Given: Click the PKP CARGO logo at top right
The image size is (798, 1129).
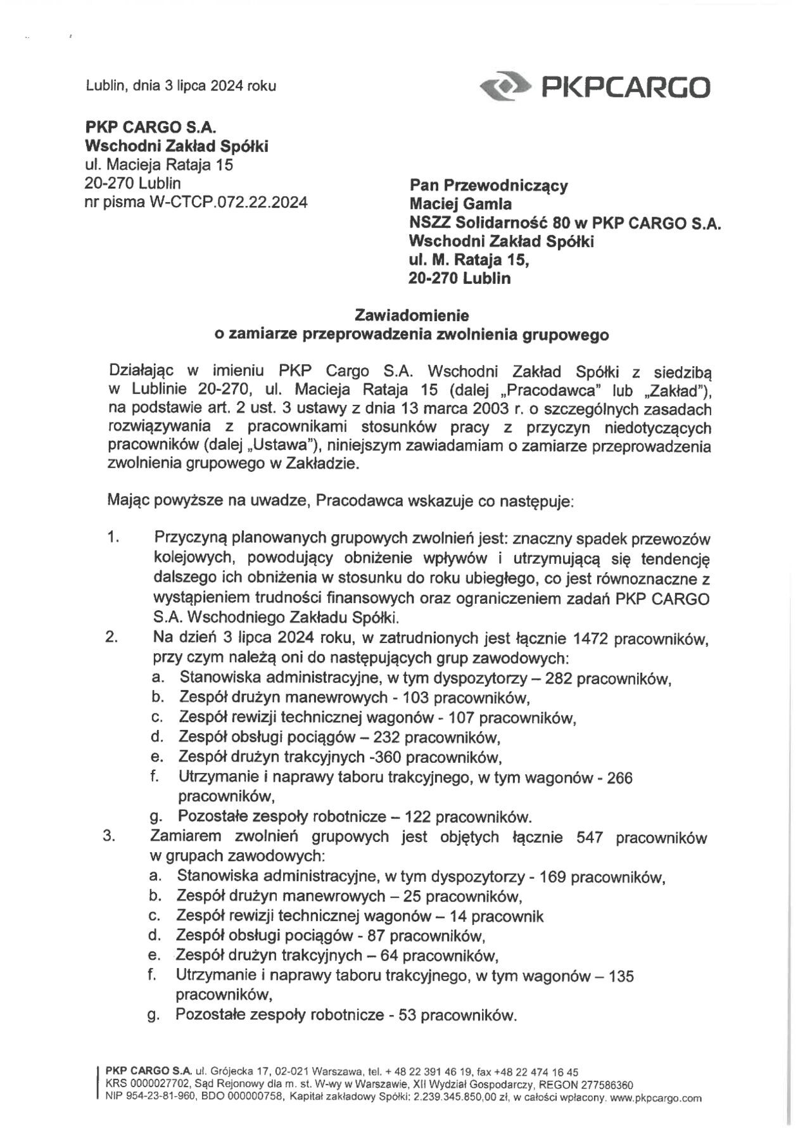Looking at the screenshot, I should pyautogui.click(x=595, y=87).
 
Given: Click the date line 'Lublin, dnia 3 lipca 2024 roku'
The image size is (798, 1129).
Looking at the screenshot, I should pyautogui.click(x=180, y=86).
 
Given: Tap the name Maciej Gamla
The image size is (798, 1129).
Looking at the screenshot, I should pyautogui.click(x=460, y=204).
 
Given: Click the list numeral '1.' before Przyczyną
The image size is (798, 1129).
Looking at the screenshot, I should pyautogui.click(x=113, y=538).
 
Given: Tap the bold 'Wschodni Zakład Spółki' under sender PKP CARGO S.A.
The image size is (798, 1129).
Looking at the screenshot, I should pyautogui.click(x=177, y=146).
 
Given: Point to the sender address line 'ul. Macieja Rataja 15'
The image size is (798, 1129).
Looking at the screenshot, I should pyautogui.click(x=159, y=166).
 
